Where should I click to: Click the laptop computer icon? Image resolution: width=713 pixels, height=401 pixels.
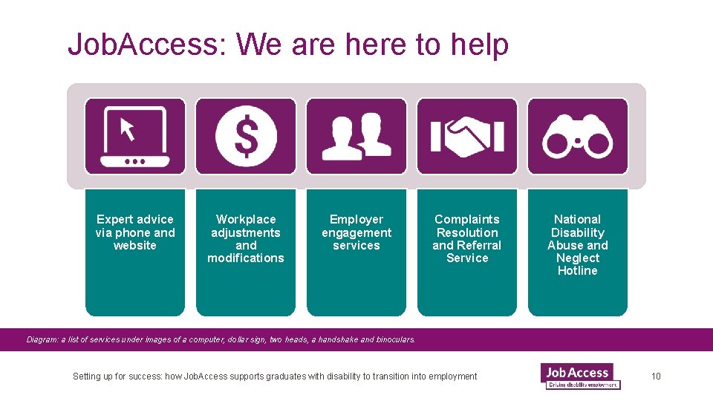(135, 137)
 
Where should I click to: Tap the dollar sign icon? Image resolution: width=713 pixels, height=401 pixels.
(246, 137)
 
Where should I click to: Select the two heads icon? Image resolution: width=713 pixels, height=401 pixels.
(356, 137)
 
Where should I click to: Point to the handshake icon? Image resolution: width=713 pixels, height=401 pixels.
(467, 137)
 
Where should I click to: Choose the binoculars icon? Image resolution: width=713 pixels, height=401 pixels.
(578, 137)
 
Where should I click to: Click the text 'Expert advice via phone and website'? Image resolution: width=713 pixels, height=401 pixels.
(135, 232)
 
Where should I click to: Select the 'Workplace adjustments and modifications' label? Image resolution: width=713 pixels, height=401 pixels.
(246, 238)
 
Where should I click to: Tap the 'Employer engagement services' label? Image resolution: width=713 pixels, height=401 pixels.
(356, 232)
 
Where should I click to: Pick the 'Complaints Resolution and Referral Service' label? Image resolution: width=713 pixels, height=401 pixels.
(467, 238)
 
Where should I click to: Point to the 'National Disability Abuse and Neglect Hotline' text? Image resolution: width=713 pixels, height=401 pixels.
(578, 245)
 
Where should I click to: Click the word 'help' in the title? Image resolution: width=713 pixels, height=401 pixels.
(479, 45)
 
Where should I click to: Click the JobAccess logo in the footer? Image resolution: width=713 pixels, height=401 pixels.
(580, 376)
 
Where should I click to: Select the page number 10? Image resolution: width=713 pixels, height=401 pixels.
(656, 376)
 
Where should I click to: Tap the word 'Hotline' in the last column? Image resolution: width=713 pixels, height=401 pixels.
(578, 271)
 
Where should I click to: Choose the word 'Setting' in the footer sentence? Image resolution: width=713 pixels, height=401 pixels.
(87, 376)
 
